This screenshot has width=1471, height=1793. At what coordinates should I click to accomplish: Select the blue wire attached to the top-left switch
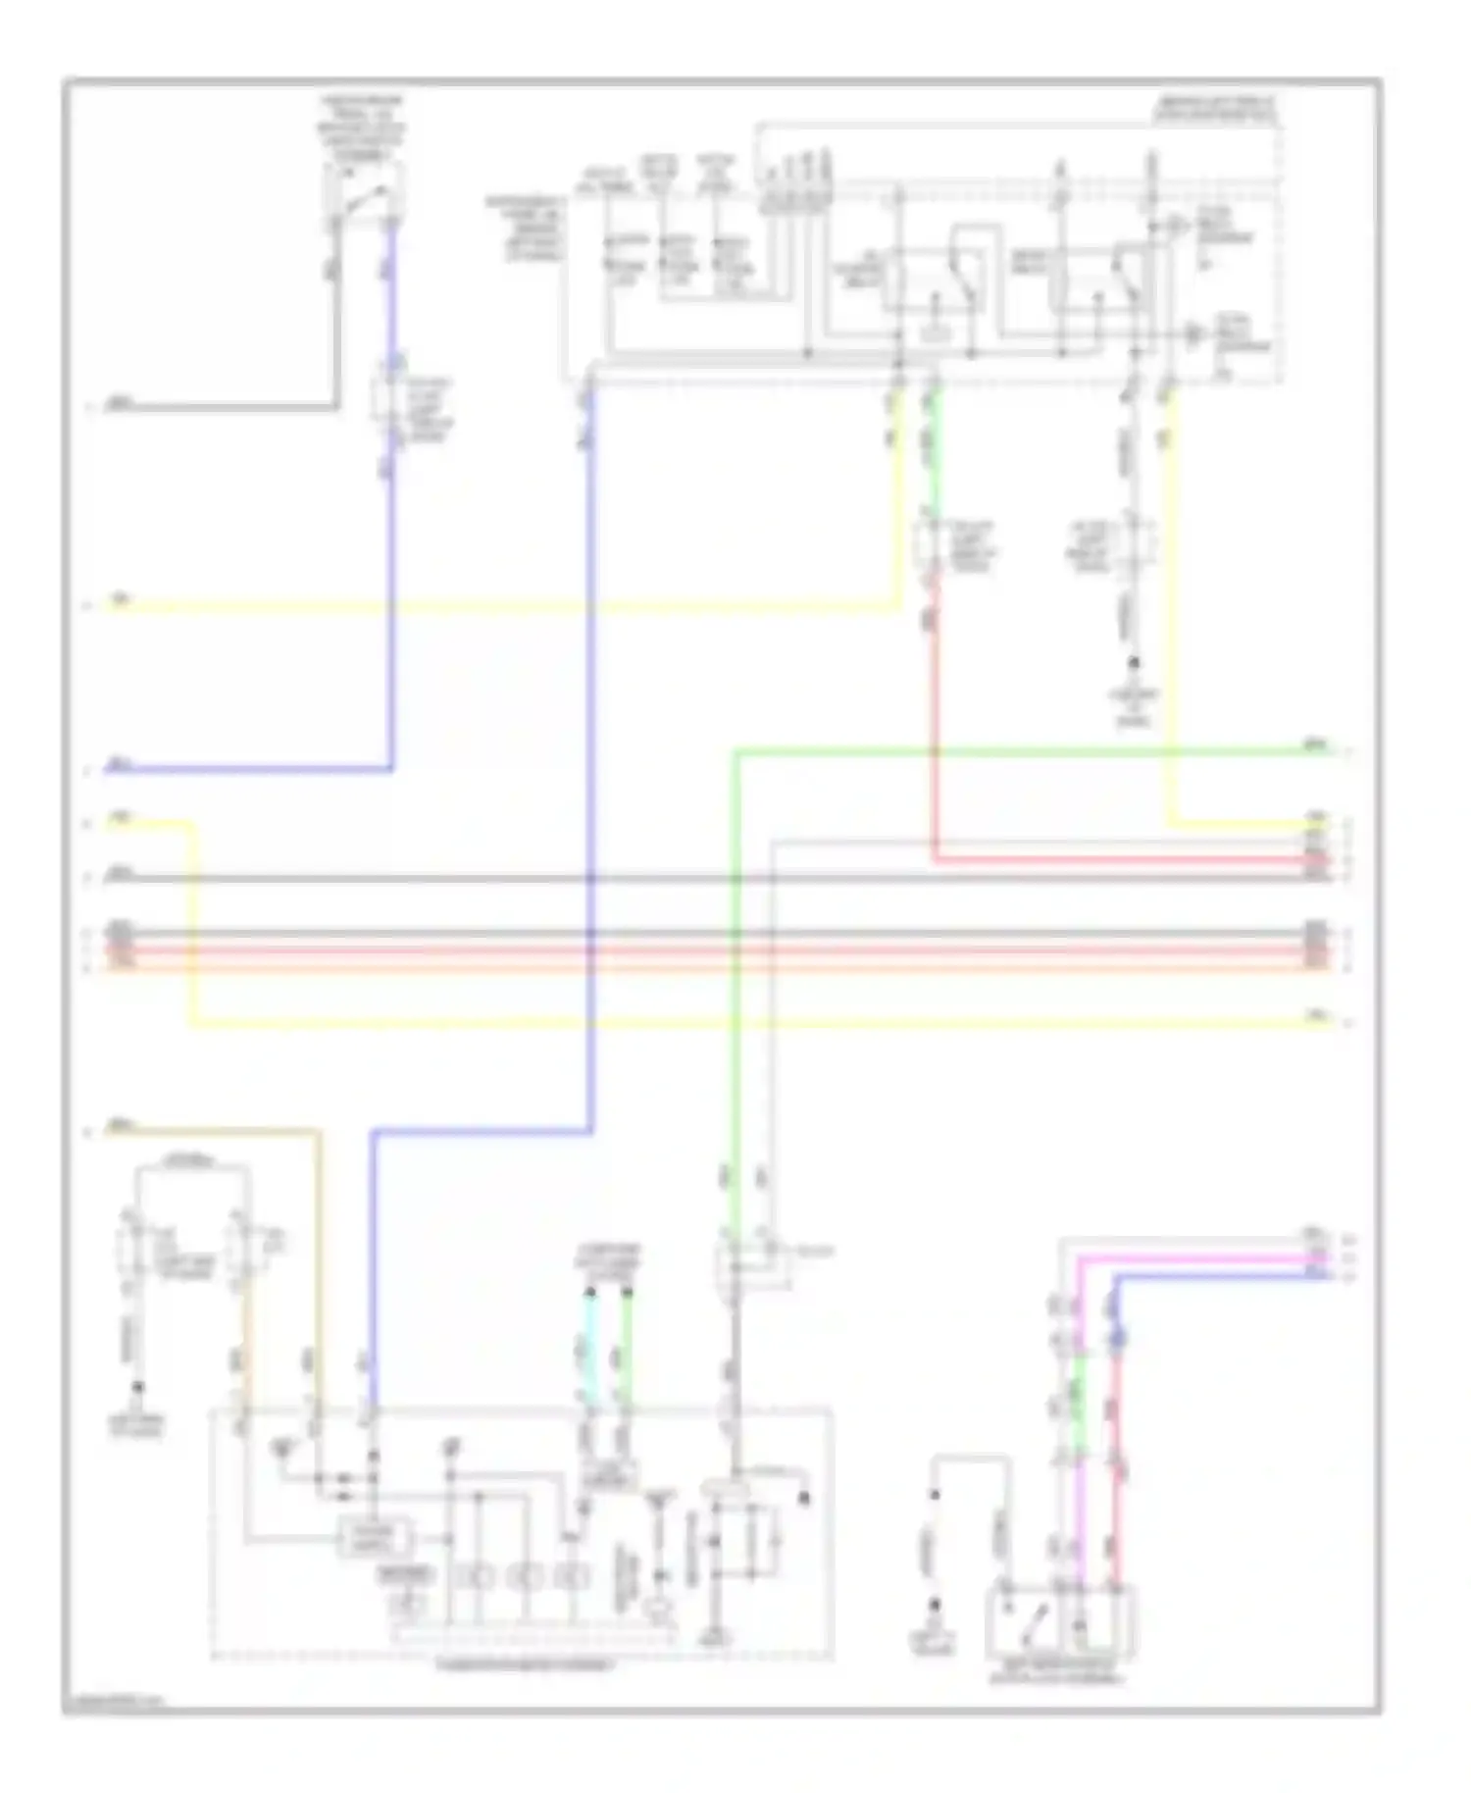(x=393, y=294)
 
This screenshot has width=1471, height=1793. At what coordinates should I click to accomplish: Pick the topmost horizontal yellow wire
(x=490, y=608)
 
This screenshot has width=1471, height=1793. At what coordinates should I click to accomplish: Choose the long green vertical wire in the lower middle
(x=735, y=981)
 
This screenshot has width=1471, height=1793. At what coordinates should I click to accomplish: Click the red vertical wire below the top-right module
(x=933, y=736)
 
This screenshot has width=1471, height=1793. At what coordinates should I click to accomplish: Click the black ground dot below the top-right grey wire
(x=1135, y=663)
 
